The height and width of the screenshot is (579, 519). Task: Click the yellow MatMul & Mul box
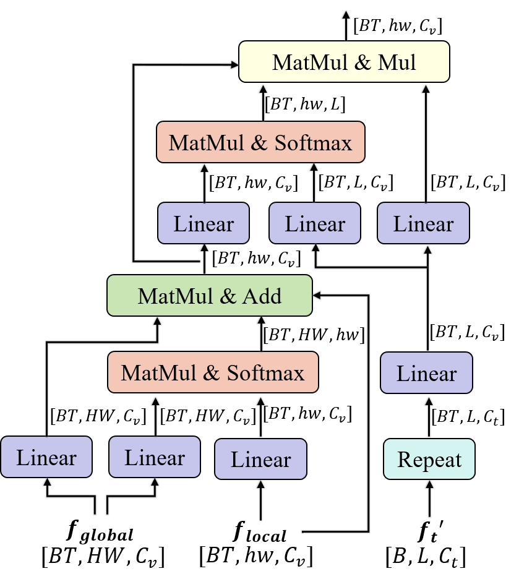344,62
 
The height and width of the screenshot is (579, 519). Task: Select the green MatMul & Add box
210,296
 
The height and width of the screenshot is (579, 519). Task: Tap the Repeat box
429,460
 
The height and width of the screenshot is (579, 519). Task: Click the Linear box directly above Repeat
426,373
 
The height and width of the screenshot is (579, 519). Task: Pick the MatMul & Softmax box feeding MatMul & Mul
260,143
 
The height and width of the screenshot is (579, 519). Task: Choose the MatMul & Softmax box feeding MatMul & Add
213,373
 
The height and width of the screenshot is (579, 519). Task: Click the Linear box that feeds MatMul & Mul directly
424,223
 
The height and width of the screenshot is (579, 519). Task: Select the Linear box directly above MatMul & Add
204,223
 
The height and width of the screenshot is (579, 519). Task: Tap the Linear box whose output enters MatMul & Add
46,458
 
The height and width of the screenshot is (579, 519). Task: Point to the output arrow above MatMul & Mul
346,25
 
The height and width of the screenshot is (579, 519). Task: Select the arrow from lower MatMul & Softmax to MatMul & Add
261,334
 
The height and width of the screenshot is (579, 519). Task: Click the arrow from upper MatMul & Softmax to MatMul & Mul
263,102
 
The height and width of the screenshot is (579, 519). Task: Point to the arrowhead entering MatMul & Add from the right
318,295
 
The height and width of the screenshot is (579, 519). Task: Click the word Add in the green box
262,296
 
